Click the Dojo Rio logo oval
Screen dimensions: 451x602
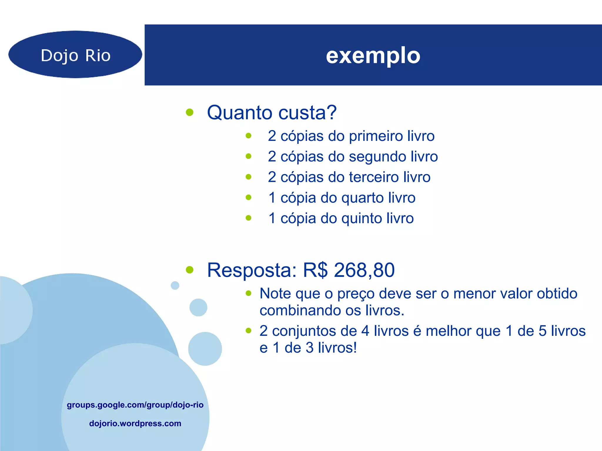75,55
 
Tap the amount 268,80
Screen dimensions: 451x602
364,270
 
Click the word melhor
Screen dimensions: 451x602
448,331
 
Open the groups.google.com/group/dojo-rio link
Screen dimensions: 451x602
135,405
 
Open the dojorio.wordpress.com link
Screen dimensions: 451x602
135,423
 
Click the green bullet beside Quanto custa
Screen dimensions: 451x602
190,112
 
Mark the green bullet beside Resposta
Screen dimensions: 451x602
190,270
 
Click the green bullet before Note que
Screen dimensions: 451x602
249,293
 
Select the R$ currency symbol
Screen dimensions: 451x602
315,270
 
